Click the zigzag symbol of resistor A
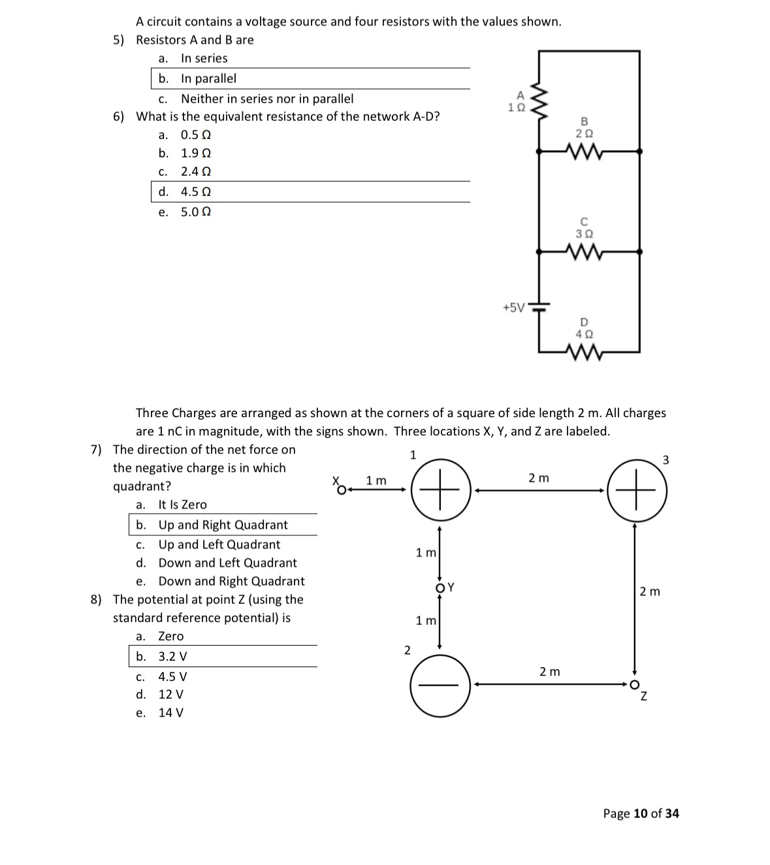(x=539, y=102)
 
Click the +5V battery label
(x=513, y=307)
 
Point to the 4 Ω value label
(x=584, y=334)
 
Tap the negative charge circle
(x=440, y=684)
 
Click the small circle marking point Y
(x=440, y=586)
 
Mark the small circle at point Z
(x=633, y=684)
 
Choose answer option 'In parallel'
(x=208, y=78)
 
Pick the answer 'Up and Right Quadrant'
(x=223, y=525)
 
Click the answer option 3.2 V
(x=172, y=656)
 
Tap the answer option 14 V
(x=171, y=712)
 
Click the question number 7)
(x=97, y=450)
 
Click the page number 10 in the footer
(x=640, y=813)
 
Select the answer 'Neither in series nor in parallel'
(x=266, y=99)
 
